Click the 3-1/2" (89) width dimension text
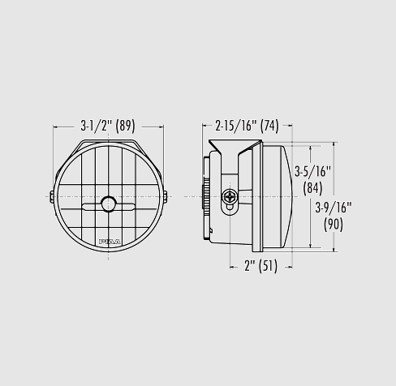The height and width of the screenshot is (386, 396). point(108,126)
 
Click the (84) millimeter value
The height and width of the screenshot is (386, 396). point(312,188)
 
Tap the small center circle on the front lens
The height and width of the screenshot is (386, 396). point(108,204)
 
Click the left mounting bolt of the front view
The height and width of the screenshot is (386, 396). point(52,196)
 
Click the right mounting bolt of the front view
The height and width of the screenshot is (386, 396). point(166,196)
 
